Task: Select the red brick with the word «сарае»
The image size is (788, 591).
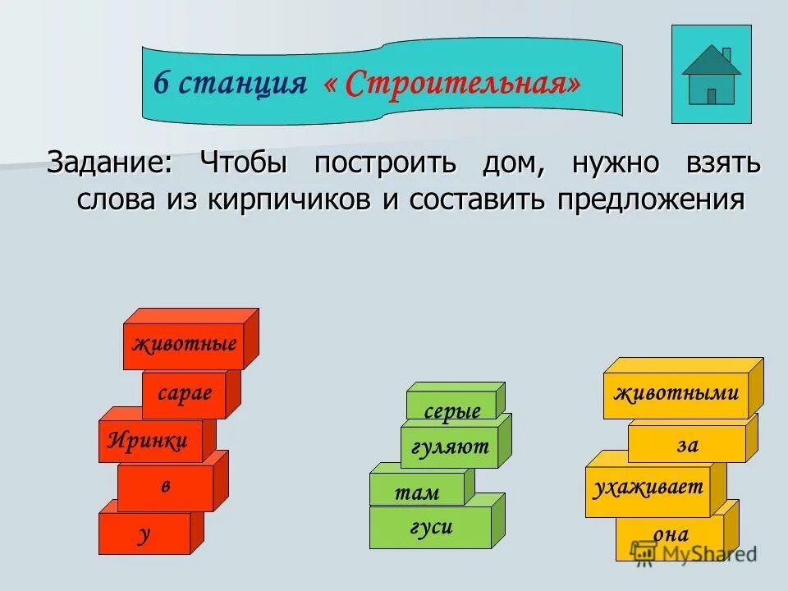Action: pyautogui.click(x=185, y=395)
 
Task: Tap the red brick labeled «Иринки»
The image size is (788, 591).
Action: pyautogui.click(x=149, y=441)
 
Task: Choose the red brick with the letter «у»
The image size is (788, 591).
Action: pyautogui.click(x=144, y=534)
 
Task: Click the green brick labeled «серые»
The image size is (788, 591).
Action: pyautogui.click(x=451, y=410)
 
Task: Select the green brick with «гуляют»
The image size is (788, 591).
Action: pyautogui.click(x=450, y=447)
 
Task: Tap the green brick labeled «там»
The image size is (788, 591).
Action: pyautogui.click(x=417, y=492)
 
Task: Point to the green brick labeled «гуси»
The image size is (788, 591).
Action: pyautogui.click(x=431, y=527)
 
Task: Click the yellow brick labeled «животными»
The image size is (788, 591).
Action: pyautogui.click(x=676, y=393)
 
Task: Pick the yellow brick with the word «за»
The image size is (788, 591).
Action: pyautogui.click(x=687, y=444)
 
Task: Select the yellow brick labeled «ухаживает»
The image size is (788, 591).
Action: pyautogui.click(x=648, y=488)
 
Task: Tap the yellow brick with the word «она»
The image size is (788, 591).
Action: pyautogui.click(x=670, y=535)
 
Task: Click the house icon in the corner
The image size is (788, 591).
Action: pyautogui.click(x=711, y=75)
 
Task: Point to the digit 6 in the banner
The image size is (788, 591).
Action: pyautogui.click(x=161, y=83)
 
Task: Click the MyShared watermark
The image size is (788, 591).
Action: pyautogui.click(x=694, y=553)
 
